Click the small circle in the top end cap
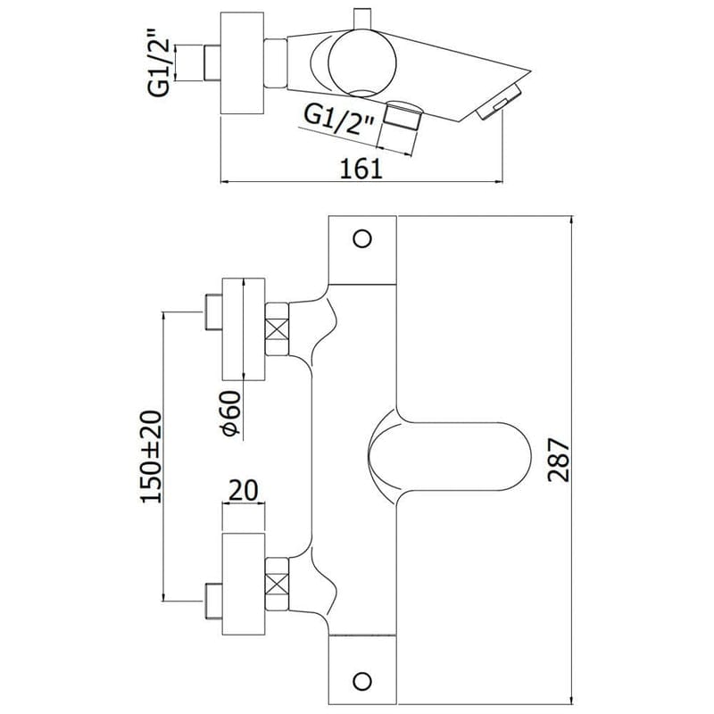(x=361, y=238)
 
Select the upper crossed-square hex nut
(x=278, y=329)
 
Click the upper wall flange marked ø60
(x=243, y=329)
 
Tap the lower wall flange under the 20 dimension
(x=243, y=585)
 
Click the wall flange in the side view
(x=242, y=63)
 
